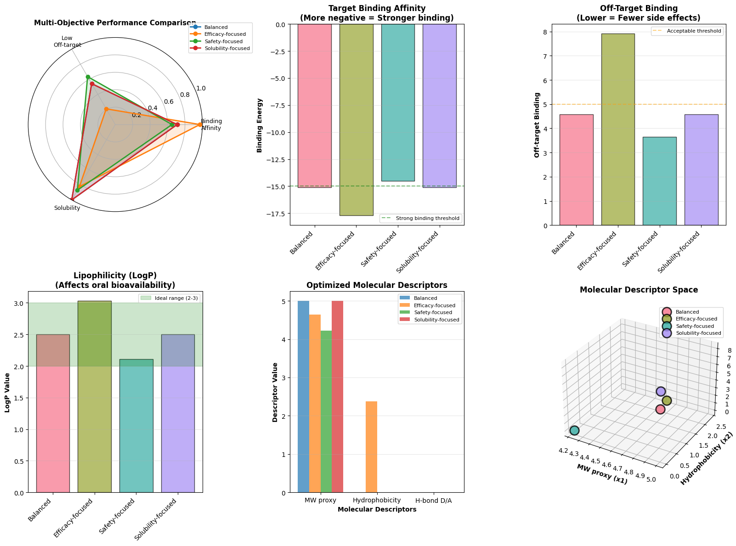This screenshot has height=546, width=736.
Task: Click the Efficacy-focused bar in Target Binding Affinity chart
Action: (356, 119)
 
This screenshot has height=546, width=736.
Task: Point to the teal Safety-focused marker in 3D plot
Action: (574, 430)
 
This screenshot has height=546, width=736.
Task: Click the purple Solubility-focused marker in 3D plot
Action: (661, 391)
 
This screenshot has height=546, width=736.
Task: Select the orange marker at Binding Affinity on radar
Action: (200, 124)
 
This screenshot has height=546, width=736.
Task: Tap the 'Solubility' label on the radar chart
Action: (67, 208)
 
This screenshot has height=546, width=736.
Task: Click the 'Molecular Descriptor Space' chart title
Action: (639, 290)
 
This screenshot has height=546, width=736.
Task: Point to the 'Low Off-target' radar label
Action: (71, 41)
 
